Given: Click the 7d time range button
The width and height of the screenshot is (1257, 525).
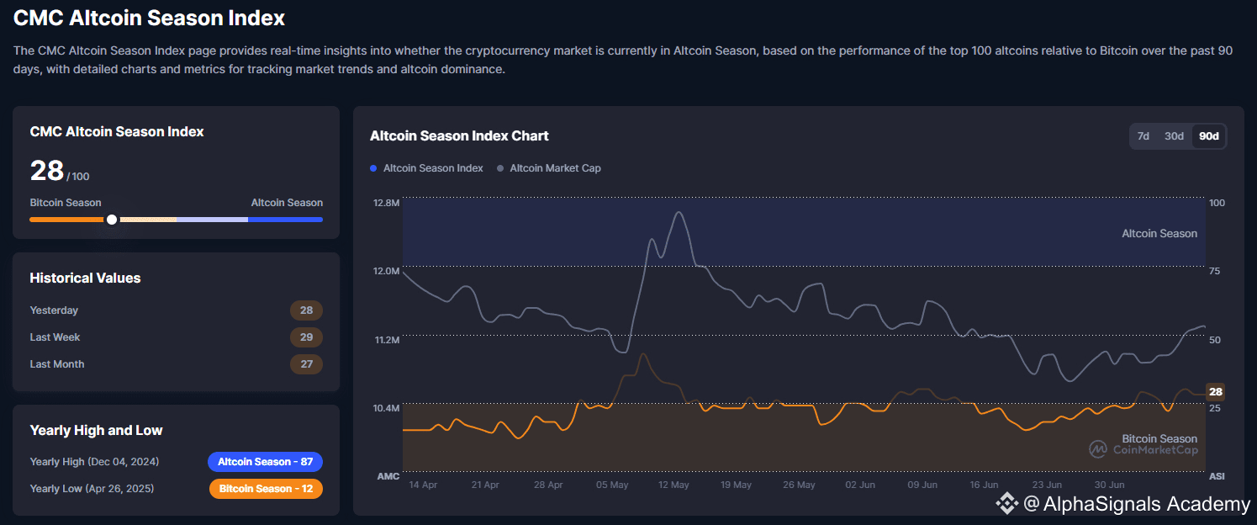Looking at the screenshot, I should tap(1143, 136).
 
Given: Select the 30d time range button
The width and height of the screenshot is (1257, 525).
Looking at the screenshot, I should tap(1174, 136).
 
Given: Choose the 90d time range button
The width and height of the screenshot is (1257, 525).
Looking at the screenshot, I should tap(1209, 136).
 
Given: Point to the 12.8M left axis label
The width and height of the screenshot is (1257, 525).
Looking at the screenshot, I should tap(387, 203).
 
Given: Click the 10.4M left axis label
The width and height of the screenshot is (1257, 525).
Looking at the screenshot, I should tap(387, 408).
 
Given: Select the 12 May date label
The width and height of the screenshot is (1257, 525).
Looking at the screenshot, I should tap(673, 485).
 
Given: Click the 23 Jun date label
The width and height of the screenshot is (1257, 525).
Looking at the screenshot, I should tap(1048, 485).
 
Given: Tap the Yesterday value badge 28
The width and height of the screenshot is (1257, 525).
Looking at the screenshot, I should tap(306, 310).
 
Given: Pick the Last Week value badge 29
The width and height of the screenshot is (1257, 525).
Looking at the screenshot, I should tap(306, 337).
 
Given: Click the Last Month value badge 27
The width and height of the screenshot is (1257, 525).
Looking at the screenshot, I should tap(306, 364).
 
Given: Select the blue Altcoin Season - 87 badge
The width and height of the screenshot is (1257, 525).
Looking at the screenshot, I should tap(265, 462).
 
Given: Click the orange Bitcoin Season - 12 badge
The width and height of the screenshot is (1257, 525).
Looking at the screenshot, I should tap(265, 489).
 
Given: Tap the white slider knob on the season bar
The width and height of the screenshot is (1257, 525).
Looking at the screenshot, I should tap(112, 220).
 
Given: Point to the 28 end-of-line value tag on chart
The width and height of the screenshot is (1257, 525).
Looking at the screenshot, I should tap(1216, 392).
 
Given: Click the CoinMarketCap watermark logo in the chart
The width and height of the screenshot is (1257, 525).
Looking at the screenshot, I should tap(1098, 449).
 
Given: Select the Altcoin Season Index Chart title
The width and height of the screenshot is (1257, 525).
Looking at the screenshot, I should tap(459, 136).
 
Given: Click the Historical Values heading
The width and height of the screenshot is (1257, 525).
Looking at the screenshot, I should tap(85, 278).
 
